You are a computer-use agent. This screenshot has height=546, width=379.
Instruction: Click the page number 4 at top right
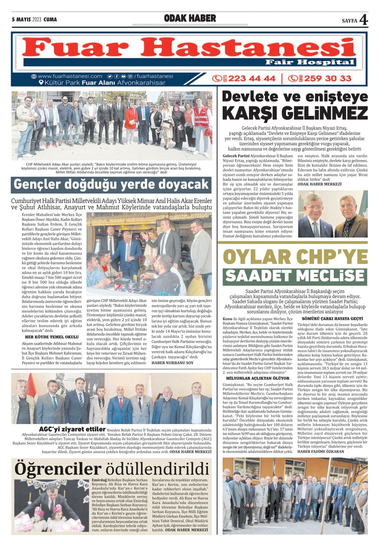[x=364, y=20]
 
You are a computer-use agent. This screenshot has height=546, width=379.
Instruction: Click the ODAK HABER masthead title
[x=190, y=19]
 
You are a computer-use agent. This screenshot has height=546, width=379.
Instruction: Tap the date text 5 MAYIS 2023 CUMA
[x=34, y=20]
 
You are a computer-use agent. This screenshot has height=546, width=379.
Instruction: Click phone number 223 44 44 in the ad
[x=251, y=78]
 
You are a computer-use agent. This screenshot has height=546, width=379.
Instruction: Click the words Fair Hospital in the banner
[x=310, y=62]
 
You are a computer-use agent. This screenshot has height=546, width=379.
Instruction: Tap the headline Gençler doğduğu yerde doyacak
[x=111, y=184]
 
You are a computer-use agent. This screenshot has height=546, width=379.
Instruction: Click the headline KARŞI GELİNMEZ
[x=295, y=113]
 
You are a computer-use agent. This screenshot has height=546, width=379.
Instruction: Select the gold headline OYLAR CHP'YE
[x=295, y=256]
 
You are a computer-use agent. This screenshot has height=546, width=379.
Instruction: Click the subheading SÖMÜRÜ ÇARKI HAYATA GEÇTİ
[x=332, y=319]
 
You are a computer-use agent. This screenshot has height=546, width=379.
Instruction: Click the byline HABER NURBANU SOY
[x=172, y=363]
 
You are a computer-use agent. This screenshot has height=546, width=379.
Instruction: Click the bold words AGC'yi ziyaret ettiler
[x=72, y=429]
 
